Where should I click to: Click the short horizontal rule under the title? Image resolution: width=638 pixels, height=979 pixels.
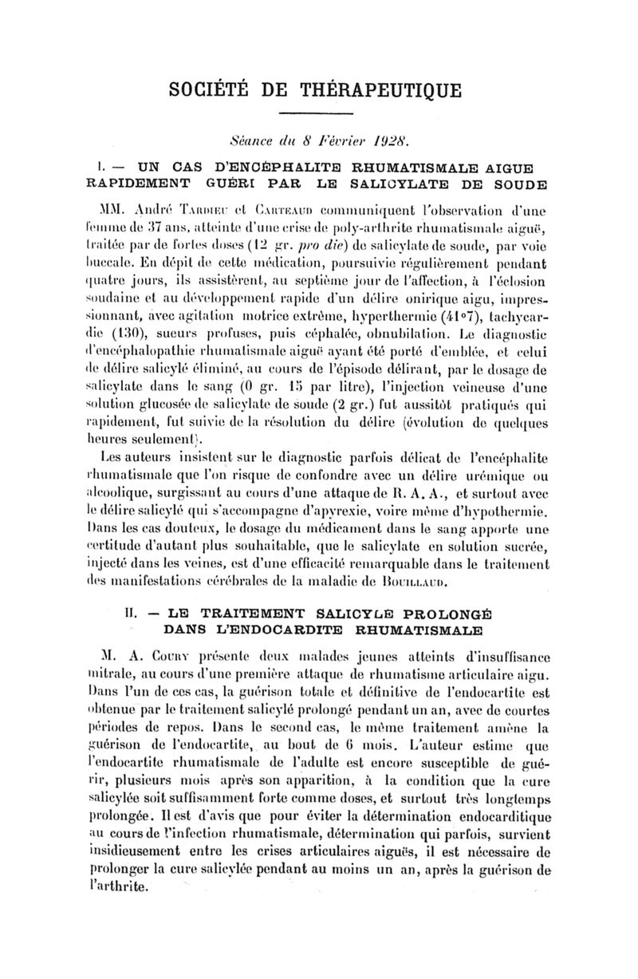pyautogui.click(x=319, y=116)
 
